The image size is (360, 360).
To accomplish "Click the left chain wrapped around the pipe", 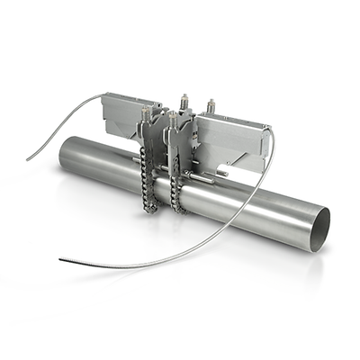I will [x=148, y=180].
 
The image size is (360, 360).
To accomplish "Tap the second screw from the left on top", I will [x=171, y=116].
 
